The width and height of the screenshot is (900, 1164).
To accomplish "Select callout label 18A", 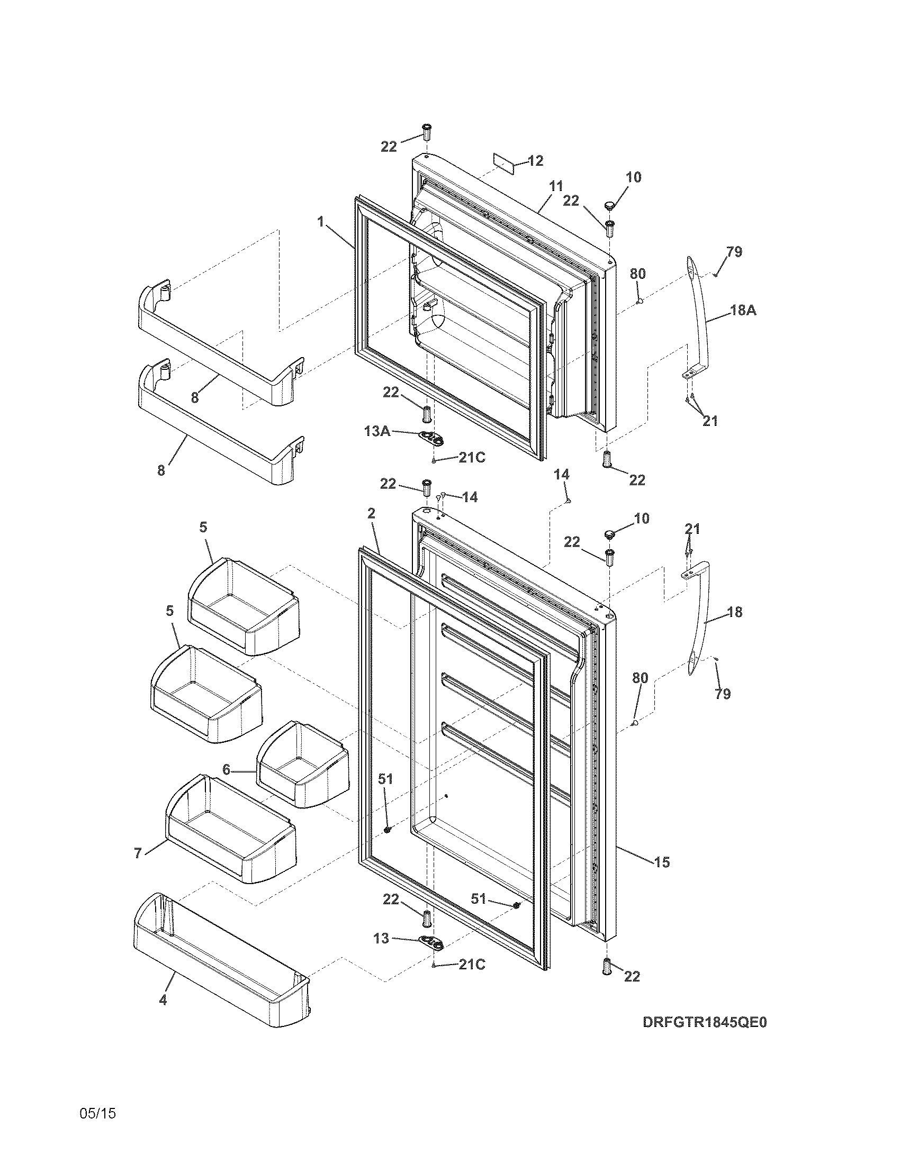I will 743,310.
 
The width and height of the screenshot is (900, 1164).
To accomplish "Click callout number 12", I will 535,161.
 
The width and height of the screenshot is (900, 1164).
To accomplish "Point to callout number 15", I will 662,862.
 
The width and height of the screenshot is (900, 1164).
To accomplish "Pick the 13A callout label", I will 377,431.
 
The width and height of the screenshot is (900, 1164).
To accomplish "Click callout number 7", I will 138,853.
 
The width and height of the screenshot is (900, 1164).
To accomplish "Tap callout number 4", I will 163,1000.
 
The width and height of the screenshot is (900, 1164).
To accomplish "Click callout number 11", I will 556,187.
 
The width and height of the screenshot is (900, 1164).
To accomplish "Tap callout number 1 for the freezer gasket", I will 321,222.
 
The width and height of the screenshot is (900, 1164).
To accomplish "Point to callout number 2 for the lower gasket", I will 371,513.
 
